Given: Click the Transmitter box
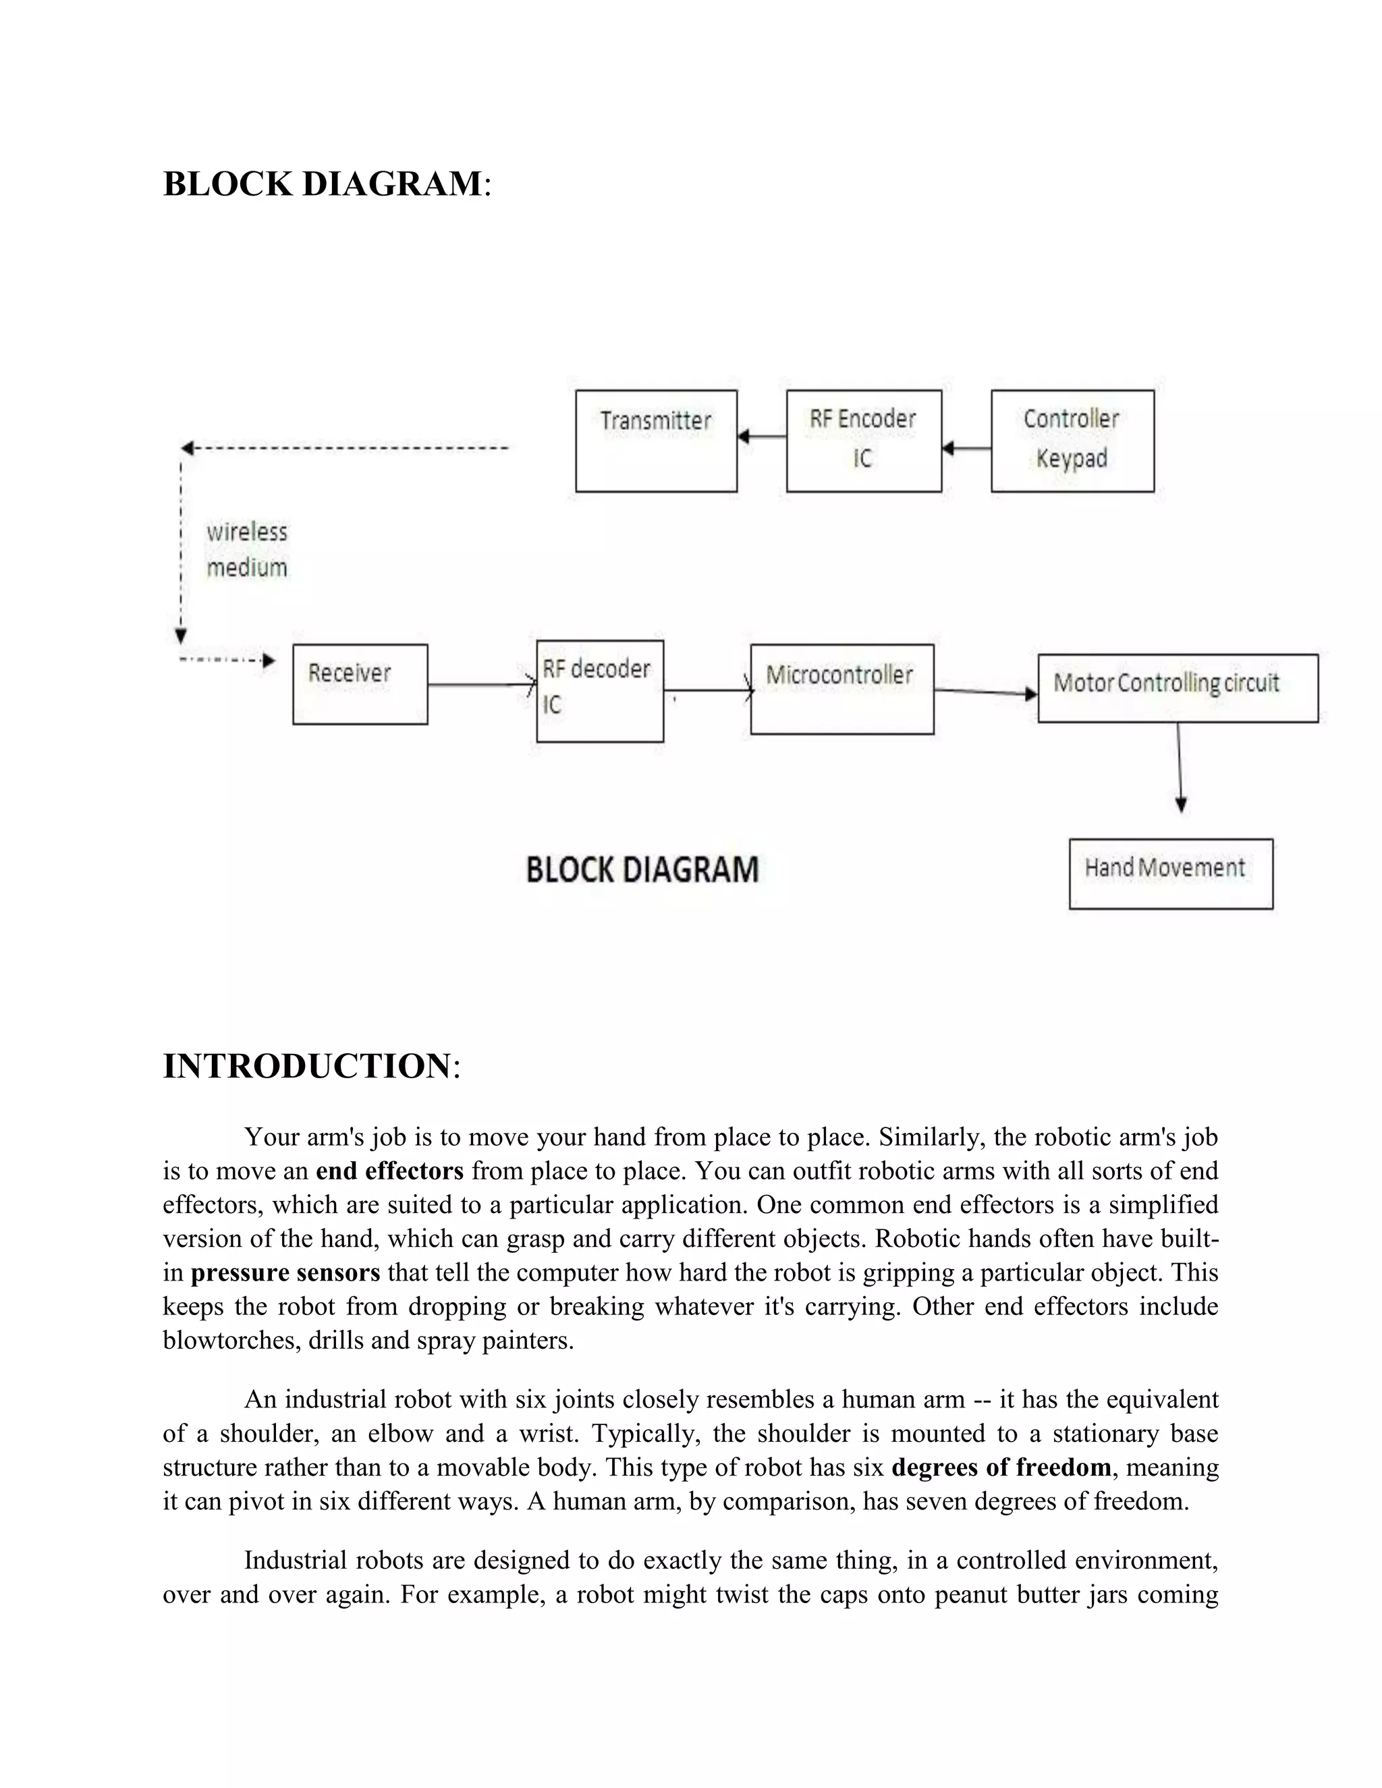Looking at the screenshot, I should tap(656, 441).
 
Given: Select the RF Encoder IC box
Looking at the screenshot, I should tap(863, 441).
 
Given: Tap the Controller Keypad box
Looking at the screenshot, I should tap(1072, 441).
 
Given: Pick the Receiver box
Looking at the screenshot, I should tap(360, 683).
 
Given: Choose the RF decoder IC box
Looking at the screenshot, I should tap(599, 691).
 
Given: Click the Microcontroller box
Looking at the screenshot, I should tap(841, 688).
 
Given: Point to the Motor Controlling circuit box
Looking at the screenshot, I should tap(1178, 688).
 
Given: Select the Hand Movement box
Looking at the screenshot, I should tap(1170, 874).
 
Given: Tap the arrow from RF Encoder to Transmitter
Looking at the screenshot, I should tap(761, 437).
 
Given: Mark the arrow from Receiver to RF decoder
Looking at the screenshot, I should tap(481, 684).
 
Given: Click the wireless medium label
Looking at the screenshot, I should tap(246, 549).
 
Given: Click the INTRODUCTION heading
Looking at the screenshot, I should tap(306, 1066).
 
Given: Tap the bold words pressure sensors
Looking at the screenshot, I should tap(285, 1273).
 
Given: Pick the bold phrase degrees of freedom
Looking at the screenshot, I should tap(1001, 1466).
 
